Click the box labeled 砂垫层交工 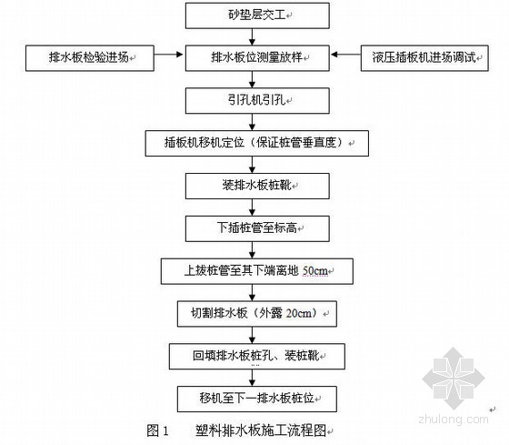click(x=257, y=15)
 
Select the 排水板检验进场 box click(x=90, y=58)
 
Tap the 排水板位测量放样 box click(x=257, y=58)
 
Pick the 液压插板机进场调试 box click(x=424, y=58)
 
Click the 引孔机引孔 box click(x=257, y=101)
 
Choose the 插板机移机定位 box click(x=256, y=144)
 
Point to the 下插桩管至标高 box click(x=257, y=228)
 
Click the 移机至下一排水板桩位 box click(x=256, y=399)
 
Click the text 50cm click(x=314, y=271)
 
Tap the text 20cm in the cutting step click(x=298, y=313)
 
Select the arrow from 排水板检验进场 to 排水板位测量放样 click(x=168, y=55)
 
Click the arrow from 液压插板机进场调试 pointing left click(x=345, y=55)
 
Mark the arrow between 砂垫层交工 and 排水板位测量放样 click(x=253, y=36)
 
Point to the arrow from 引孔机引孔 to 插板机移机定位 click(x=253, y=122)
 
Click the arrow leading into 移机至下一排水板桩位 click(x=253, y=378)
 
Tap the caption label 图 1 click(x=158, y=430)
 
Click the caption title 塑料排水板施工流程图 click(x=261, y=430)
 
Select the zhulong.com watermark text click(x=454, y=419)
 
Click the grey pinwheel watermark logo click(x=454, y=378)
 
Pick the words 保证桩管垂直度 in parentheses click(x=295, y=143)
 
